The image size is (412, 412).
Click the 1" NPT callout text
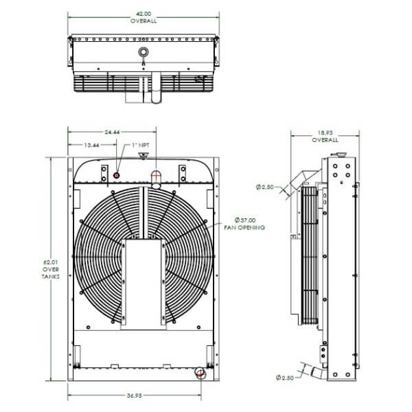[140, 146]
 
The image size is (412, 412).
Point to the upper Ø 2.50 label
[265, 186]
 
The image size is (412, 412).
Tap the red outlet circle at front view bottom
[199, 373]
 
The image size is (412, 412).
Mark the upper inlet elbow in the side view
[302, 179]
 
